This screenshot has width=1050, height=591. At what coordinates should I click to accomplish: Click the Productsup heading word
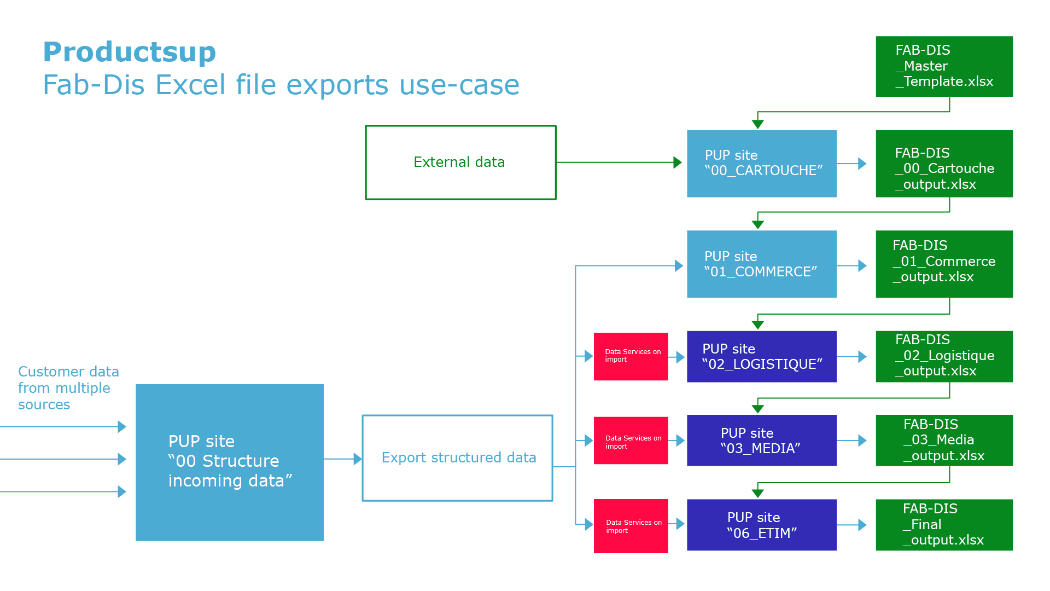click(x=130, y=52)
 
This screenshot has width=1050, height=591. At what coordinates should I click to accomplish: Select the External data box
click(x=460, y=163)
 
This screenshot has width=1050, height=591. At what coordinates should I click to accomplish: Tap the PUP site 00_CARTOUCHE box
click(x=761, y=163)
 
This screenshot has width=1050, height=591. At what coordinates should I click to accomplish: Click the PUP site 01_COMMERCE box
click(x=761, y=264)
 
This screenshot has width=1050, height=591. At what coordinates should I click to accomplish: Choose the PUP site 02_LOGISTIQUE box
click(x=761, y=356)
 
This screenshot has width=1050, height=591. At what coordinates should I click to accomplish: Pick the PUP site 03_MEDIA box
click(x=761, y=441)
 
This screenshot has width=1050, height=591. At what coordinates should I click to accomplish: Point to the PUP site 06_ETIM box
click(x=761, y=525)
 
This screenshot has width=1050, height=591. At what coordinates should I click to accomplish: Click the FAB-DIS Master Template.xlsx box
click(x=944, y=66)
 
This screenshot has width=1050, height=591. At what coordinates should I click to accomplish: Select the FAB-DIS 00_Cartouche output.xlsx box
click(x=944, y=163)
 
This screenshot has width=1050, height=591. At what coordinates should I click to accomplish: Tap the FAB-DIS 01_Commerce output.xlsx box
click(x=944, y=264)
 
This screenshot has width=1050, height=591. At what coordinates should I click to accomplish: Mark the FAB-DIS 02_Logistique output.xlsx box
click(x=944, y=356)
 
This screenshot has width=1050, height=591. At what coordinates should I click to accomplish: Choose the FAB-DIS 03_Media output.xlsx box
click(x=944, y=441)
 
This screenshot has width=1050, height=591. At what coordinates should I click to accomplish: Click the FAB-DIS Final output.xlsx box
click(x=944, y=525)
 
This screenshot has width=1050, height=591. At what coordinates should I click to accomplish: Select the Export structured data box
click(x=458, y=458)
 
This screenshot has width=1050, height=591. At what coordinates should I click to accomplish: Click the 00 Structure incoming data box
click(x=230, y=462)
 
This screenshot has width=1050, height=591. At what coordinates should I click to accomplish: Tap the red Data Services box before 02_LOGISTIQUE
click(x=631, y=356)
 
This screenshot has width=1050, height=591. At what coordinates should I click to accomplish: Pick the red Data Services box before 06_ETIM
click(x=631, y=526)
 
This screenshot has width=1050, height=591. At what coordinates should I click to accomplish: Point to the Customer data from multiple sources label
click(x=68, y=388)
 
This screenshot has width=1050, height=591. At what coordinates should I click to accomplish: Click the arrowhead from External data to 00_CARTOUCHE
click(x=678, y=163)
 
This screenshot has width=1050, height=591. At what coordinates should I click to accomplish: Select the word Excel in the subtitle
click(x=190, y=85)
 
